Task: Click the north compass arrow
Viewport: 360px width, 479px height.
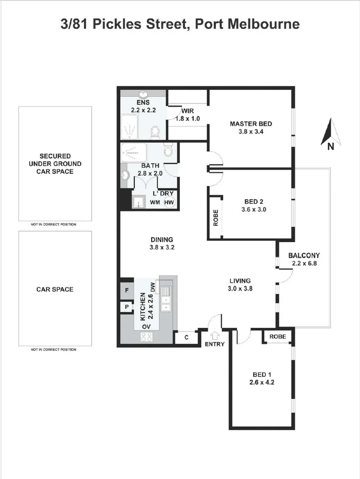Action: click(331, 132)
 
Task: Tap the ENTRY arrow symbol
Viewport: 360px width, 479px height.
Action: click(215, 336)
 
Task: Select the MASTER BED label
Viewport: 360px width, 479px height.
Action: click(250, 124)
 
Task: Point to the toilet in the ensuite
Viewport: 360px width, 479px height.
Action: click(155, 132)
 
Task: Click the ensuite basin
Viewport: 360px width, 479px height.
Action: click(144, 95)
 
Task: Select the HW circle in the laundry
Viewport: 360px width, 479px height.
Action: click(169, 202)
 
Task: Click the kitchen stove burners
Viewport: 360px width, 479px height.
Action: click(147, 338)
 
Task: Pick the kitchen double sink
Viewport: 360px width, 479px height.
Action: click(167, 299)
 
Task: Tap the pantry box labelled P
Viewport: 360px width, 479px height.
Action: click(126, 307)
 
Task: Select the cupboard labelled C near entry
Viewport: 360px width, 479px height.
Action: click(186, 338)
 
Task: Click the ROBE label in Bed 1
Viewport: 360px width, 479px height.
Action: click(278, 337)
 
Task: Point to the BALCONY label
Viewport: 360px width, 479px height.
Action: click(304, 255)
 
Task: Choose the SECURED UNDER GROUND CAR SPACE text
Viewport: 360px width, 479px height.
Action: click(55, 163)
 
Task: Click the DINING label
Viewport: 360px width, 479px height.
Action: click(161, 240)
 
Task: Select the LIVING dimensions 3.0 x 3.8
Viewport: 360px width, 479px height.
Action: click(240, 288)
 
